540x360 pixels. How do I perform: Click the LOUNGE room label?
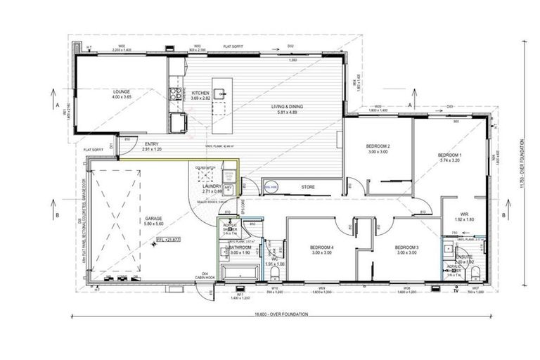point(121,91)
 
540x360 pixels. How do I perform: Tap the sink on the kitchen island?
point(220,92)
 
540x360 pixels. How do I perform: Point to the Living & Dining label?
point(290,107)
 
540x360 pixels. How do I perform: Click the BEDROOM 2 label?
point(378,146)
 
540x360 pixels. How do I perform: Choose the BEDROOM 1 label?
point(449,155)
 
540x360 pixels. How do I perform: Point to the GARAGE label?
point(154,219)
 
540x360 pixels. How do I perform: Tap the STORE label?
point(307,187)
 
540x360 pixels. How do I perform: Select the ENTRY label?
point(152,146)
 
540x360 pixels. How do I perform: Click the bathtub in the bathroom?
point(234,273)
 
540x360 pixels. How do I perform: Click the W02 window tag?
point(121,47)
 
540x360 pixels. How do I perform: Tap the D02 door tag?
point(290,47)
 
